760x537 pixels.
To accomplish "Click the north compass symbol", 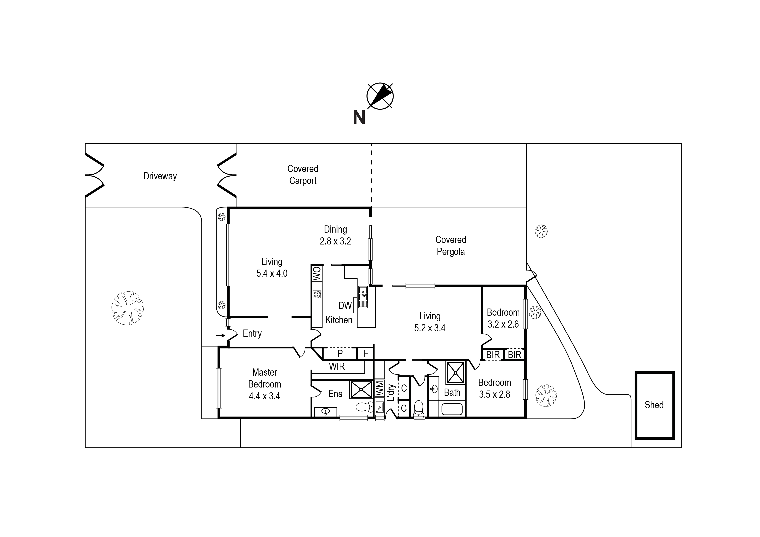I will pyautogui.click(x=380, y=96).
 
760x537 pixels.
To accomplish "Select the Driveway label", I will pyautogui.click(x=160, y=176).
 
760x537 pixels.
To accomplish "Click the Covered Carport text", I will pyautogui.click(x=303, y=175).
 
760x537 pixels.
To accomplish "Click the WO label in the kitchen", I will pyautogui.click(x=317, y=274).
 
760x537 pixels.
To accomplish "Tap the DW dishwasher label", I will pyautogui.click(x=345, y=305).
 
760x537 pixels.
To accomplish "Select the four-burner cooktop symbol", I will pyautogui.click(x=317, y=294).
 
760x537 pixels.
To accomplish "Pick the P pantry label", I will pyautogui.click(x=340, y=354).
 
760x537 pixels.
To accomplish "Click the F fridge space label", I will pyautogui.click(x=366, y=354).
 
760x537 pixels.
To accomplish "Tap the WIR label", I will pyautogui.click(x=337, y=366).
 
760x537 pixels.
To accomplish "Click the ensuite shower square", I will pyautogui.click(x=361, y=389).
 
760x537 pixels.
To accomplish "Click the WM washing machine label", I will pyautogui.click(x=380, y=389).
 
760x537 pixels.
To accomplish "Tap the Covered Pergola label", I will pyautogui.click(x=450, y=246).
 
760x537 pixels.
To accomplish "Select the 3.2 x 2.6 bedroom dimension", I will pyautogui.click(x=503, y=324).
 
